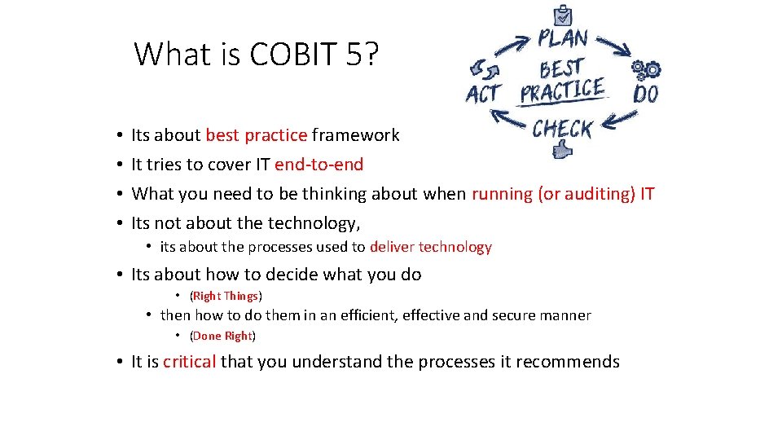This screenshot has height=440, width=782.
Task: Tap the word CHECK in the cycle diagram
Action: pos(563,129)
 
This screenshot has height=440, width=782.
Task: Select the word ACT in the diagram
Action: pos(484,95)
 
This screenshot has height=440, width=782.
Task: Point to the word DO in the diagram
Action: pos(645,94)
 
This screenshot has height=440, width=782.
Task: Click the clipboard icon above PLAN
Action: pos(562,15)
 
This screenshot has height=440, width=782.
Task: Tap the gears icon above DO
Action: pos(646,69)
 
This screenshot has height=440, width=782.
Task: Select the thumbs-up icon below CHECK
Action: pos(563,151)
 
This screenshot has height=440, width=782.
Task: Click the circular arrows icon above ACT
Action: pos(480,70)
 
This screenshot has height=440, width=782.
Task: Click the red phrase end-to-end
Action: pos(319,165)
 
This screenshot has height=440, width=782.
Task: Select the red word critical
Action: pos(189,362)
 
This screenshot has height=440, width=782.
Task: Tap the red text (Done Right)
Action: pos(222,336)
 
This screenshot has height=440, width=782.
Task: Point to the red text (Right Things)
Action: pos(226,296)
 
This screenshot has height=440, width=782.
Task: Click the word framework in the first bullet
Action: pos(355,135)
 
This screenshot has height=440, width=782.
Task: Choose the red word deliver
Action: pos(392,247)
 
